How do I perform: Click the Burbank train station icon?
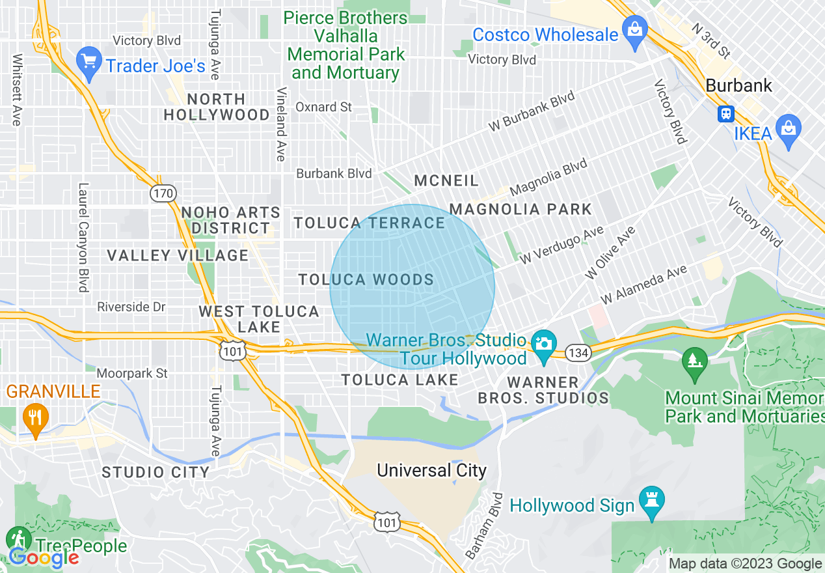tap(726, 114)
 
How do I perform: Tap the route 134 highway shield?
tap(577, 352)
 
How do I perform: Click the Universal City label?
tap(431, 470)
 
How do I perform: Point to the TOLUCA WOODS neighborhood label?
tap(366, 280)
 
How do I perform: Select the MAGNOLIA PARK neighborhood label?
tap(521, 209)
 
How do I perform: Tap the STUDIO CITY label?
tap(156, 472)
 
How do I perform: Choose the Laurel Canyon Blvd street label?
tap(83, 238)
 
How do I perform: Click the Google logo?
tap(43, 557)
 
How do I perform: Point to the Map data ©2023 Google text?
tap(746, 564)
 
